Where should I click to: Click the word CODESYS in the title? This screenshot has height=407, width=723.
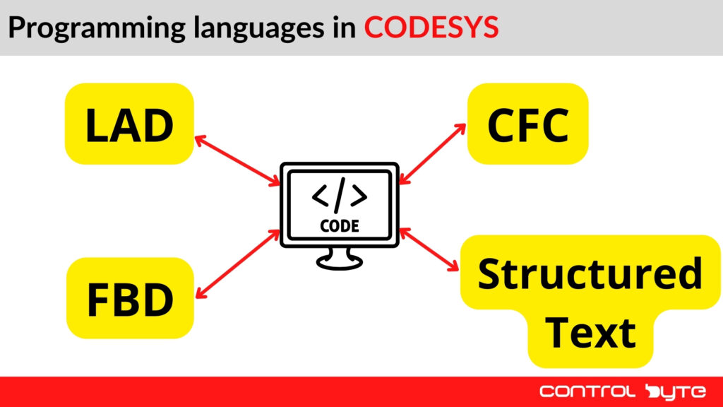[431, 28]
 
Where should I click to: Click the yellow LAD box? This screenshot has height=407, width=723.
[129, 124]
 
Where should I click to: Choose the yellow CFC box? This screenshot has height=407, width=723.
[527, 124]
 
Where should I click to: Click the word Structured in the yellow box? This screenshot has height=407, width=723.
[590, 274]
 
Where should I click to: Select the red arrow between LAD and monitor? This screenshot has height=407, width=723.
[237, 161]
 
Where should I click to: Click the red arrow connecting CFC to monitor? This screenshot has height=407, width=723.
[432, 154]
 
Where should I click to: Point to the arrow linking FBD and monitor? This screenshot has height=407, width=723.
[237, 263]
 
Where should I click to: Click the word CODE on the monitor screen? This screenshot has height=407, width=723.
[340, 226]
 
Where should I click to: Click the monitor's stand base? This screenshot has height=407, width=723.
[340, 261]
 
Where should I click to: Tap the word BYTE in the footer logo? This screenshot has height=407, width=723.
[671, 391]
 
